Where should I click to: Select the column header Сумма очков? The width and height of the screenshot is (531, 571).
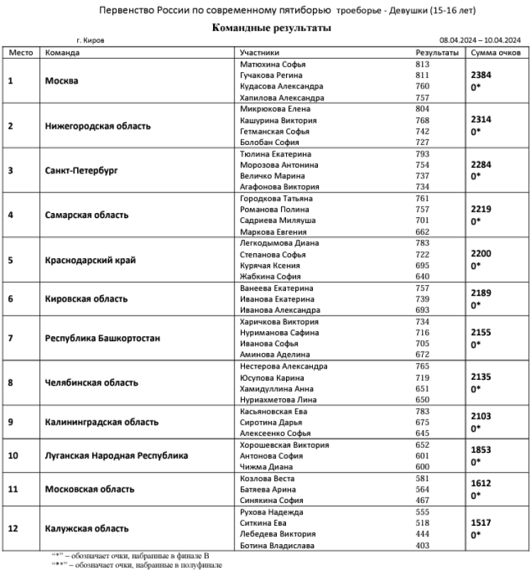[496, 52]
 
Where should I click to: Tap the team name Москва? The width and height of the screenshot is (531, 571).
[62, 81]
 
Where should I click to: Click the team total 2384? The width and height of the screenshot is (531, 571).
[481, 74]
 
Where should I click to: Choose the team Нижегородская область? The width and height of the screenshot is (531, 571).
[98, 126]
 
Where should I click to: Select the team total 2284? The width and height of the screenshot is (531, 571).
[481, 164]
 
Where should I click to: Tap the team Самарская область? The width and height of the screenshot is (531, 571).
[87, 214]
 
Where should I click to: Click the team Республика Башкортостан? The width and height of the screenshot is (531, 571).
[103, 338]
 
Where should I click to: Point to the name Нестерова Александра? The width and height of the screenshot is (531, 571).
[283, 367]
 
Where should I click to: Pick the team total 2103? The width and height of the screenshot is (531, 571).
[481, 417]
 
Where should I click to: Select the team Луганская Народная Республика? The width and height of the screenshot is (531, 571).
[117, 456]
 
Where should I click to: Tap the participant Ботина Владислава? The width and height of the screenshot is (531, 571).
[277, 545]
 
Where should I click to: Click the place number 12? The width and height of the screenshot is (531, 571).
[12, 529]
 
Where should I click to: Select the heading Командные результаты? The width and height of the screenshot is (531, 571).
[271, 28]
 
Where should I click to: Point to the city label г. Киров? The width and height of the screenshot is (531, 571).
[89, 41]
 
